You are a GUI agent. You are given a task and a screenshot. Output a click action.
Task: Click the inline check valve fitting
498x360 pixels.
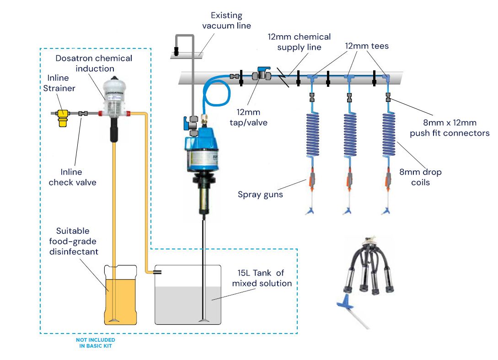pos(83,113)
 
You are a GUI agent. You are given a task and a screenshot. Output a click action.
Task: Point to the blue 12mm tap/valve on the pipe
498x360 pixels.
pos(263,74)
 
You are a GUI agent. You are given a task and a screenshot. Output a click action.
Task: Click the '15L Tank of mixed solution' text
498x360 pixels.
pos(261,278)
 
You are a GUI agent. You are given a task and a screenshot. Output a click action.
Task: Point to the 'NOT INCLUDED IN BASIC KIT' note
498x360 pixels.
pos(96,343)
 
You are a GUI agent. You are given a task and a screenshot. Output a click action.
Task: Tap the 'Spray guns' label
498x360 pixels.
pos(260,195)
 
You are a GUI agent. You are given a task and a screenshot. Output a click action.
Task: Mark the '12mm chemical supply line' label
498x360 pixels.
pos(299,42)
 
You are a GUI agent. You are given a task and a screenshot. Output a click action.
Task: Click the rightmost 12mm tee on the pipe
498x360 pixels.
pos(386,78)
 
